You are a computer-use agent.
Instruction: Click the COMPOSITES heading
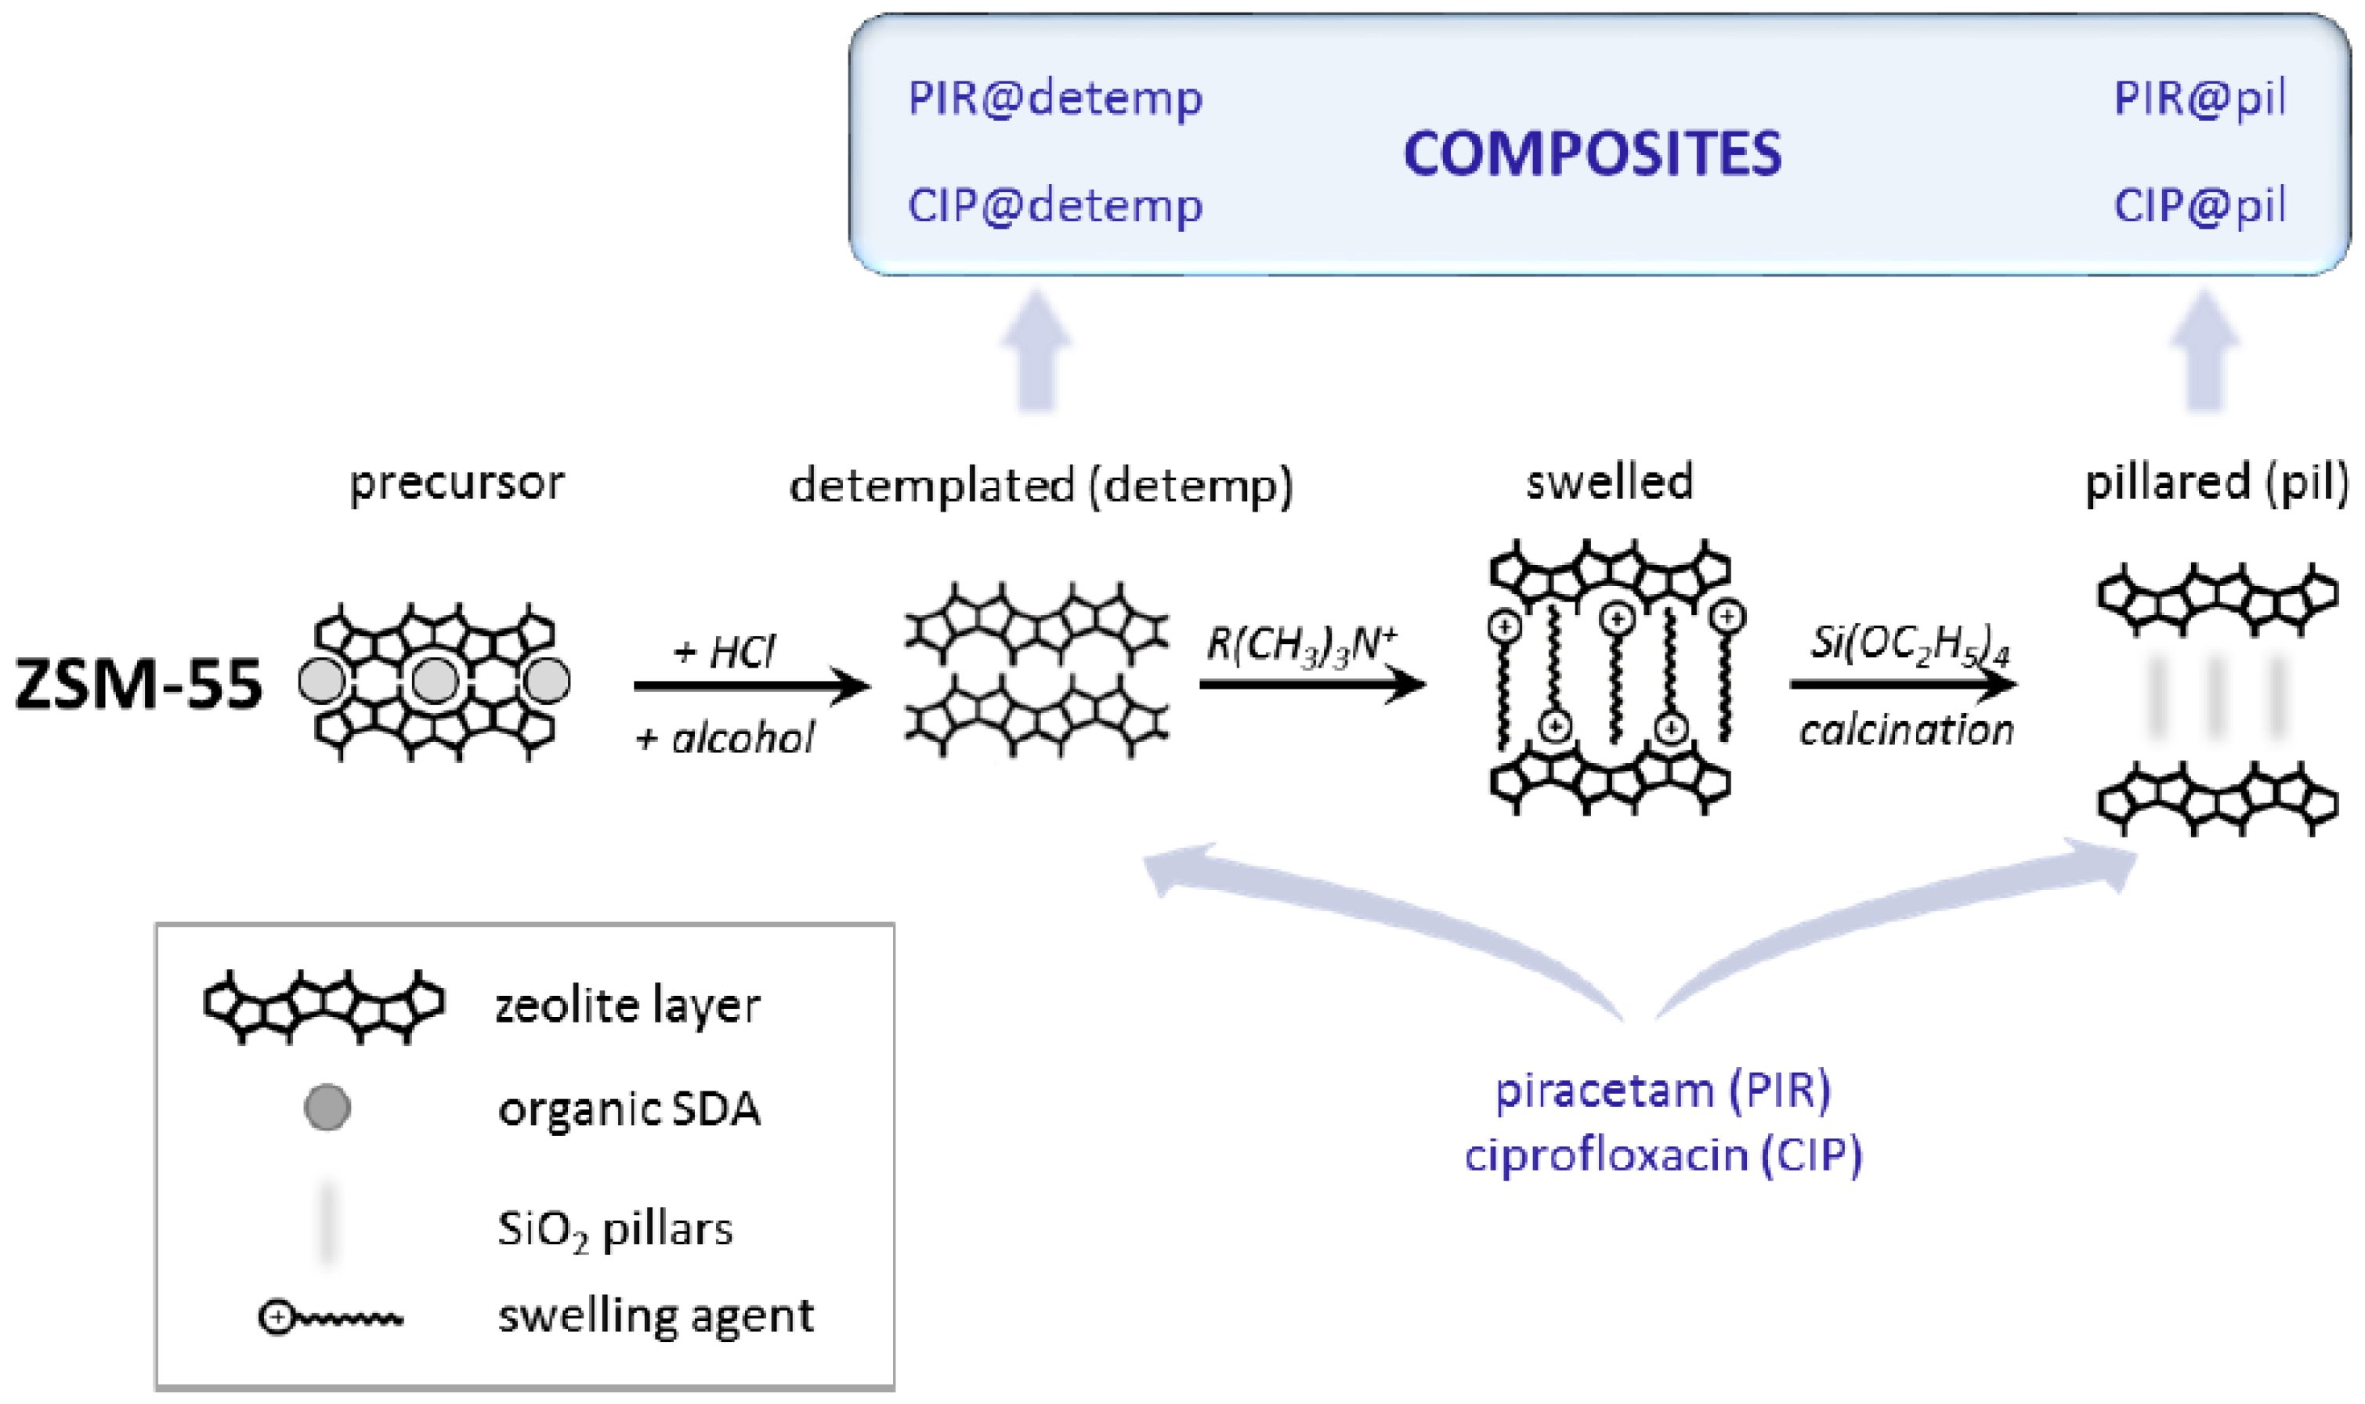(1592, 154)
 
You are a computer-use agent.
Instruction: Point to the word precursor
(456, 483)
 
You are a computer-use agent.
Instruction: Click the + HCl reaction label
(725, 652)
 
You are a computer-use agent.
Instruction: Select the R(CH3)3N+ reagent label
(1300, 646)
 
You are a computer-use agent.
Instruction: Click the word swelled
(1609, 483)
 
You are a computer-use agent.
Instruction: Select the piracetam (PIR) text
(1662, 1091)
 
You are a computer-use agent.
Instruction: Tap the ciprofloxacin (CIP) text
(1662, 1155)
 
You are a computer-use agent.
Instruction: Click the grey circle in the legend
(327, 1108)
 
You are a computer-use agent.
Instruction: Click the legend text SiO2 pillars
(615, 1230)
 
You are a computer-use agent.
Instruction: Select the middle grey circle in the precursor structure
(435, 680)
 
